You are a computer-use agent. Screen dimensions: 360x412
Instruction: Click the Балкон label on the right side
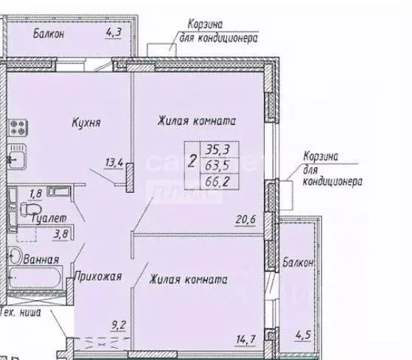[x=298, y=262]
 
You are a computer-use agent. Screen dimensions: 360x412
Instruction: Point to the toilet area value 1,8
[x=35, y=194]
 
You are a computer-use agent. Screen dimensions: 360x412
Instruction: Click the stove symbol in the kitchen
[x=16, y=127]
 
